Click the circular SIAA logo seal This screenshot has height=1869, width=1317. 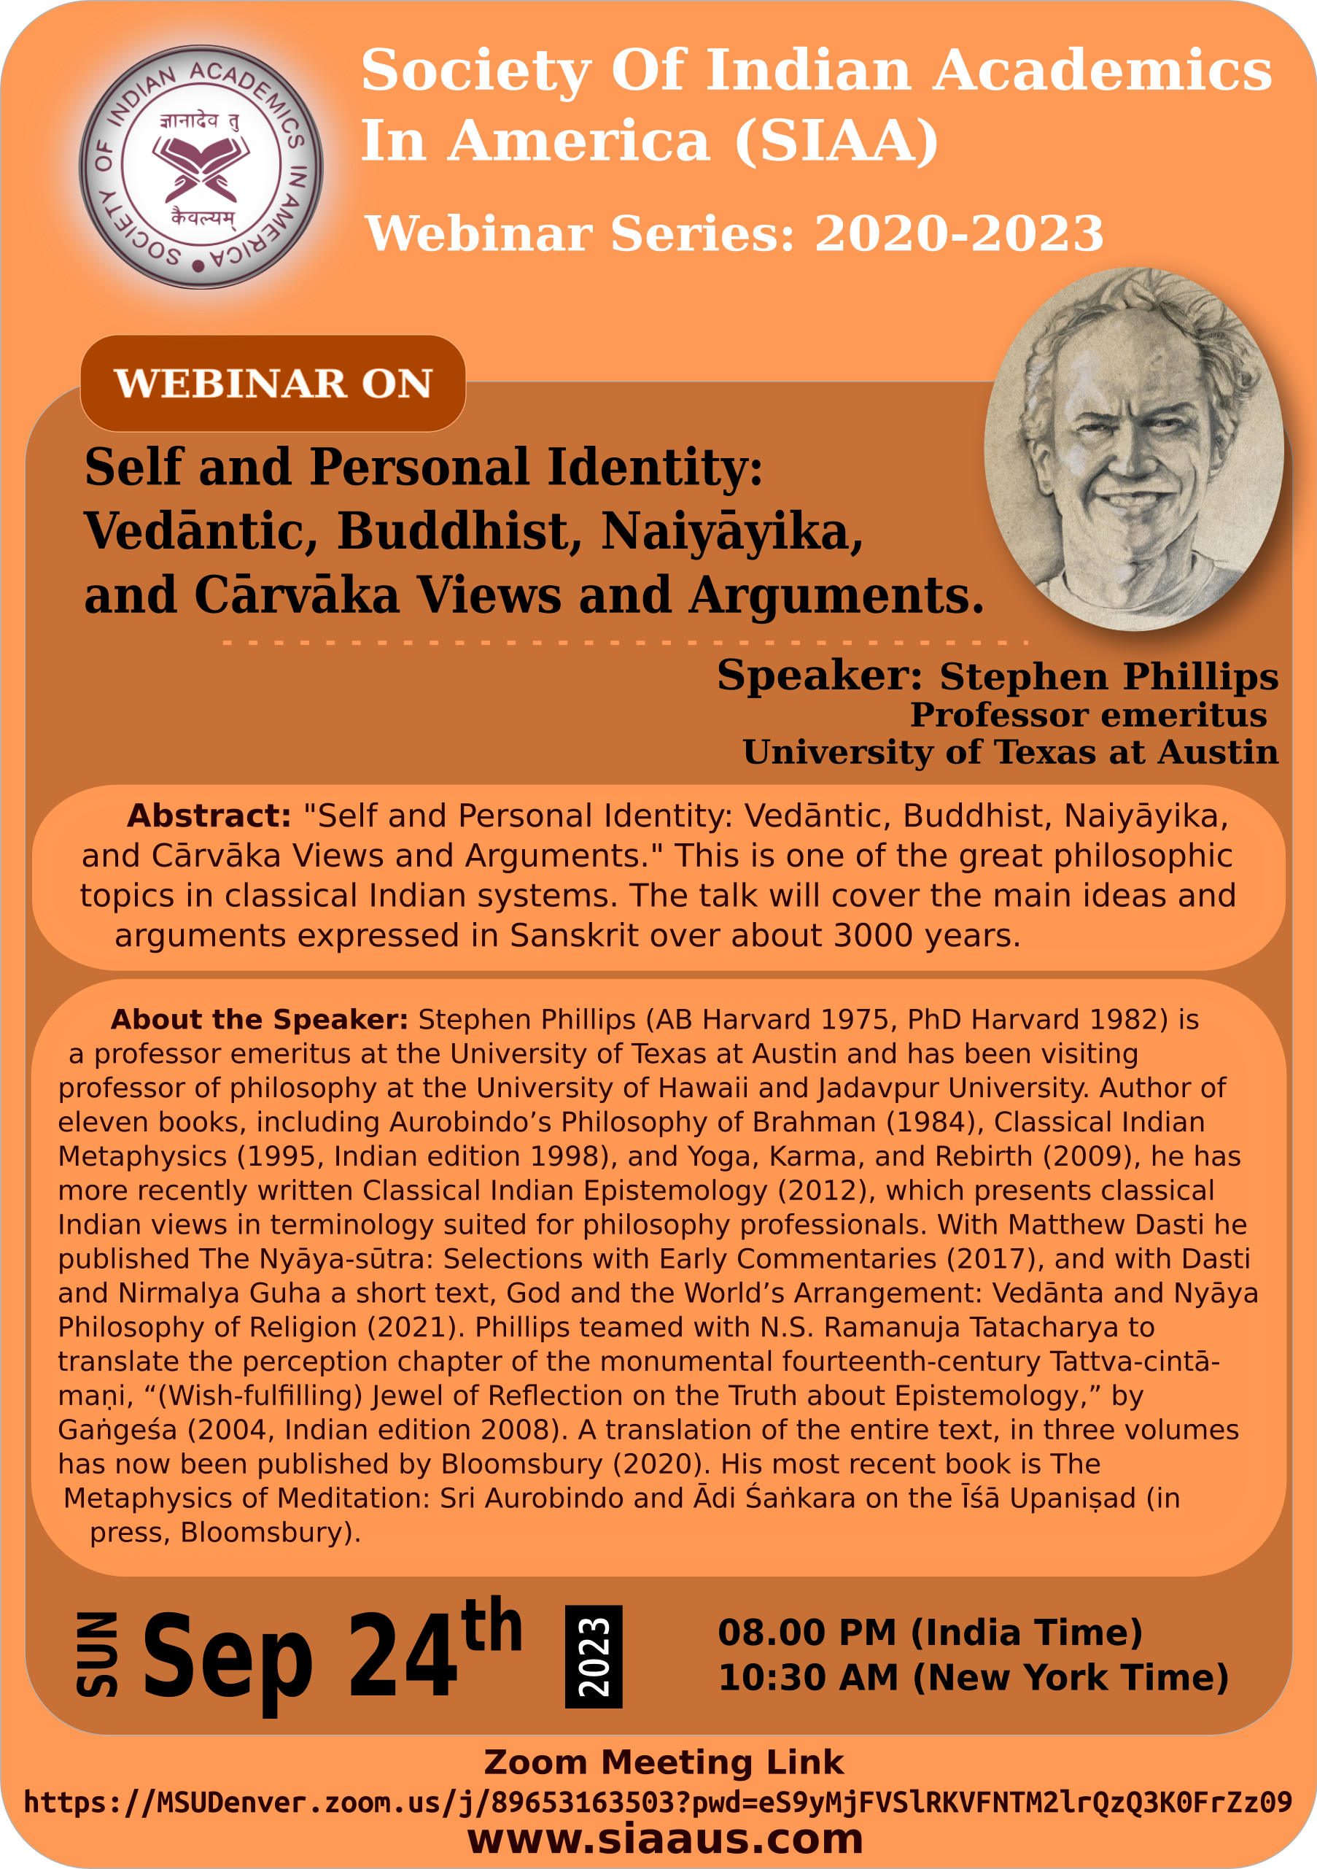[201, 167]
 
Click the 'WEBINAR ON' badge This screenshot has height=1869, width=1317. [273, 384]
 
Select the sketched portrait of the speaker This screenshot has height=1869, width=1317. [1134, 449]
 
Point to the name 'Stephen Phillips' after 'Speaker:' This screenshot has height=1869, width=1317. [1108, 676]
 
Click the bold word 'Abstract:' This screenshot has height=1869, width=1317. [209, 816]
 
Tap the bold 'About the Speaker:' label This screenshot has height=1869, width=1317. [259, 1019]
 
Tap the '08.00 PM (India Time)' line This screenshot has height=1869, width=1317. [931, 1632]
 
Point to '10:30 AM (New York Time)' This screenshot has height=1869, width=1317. [974, 1678]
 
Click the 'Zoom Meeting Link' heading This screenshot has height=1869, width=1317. [664, 1762]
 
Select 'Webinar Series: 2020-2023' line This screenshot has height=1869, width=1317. [734, 233]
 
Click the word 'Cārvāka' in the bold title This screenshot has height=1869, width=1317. [296, 596]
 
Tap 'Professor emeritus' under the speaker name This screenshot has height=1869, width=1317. [1088, 716]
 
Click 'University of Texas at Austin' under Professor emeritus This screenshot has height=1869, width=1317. [1010, 752]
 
